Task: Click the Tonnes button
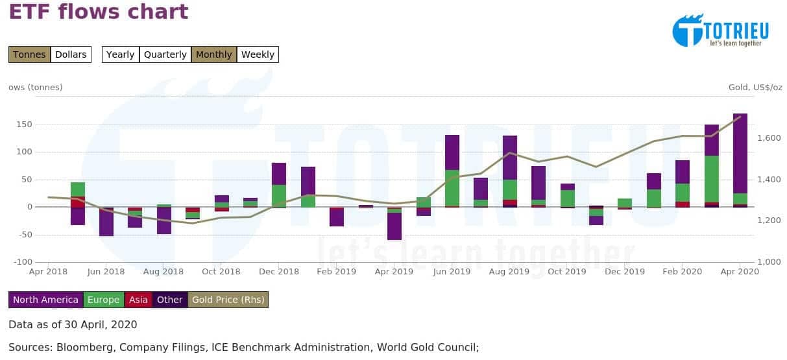click(29, 54)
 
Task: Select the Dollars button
click(71, 54)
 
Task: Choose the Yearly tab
click(120, 54)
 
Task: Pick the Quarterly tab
click(165, 54)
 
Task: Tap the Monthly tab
click(213, 54)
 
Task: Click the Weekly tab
click(258, 54)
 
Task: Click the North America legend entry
click(45, 300)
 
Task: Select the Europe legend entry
click(104, 300)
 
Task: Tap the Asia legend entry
click(138, 300)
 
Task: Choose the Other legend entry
click(170, 300)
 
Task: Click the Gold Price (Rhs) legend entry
click(228, 300)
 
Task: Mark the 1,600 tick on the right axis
click(768, 138)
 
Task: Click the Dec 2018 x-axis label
click(279, 272)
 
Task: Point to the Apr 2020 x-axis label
click(740, 272)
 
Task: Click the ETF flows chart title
click(99, 12)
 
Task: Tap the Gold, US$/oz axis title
click(755, 87)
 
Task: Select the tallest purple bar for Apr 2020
click(740, 153)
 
